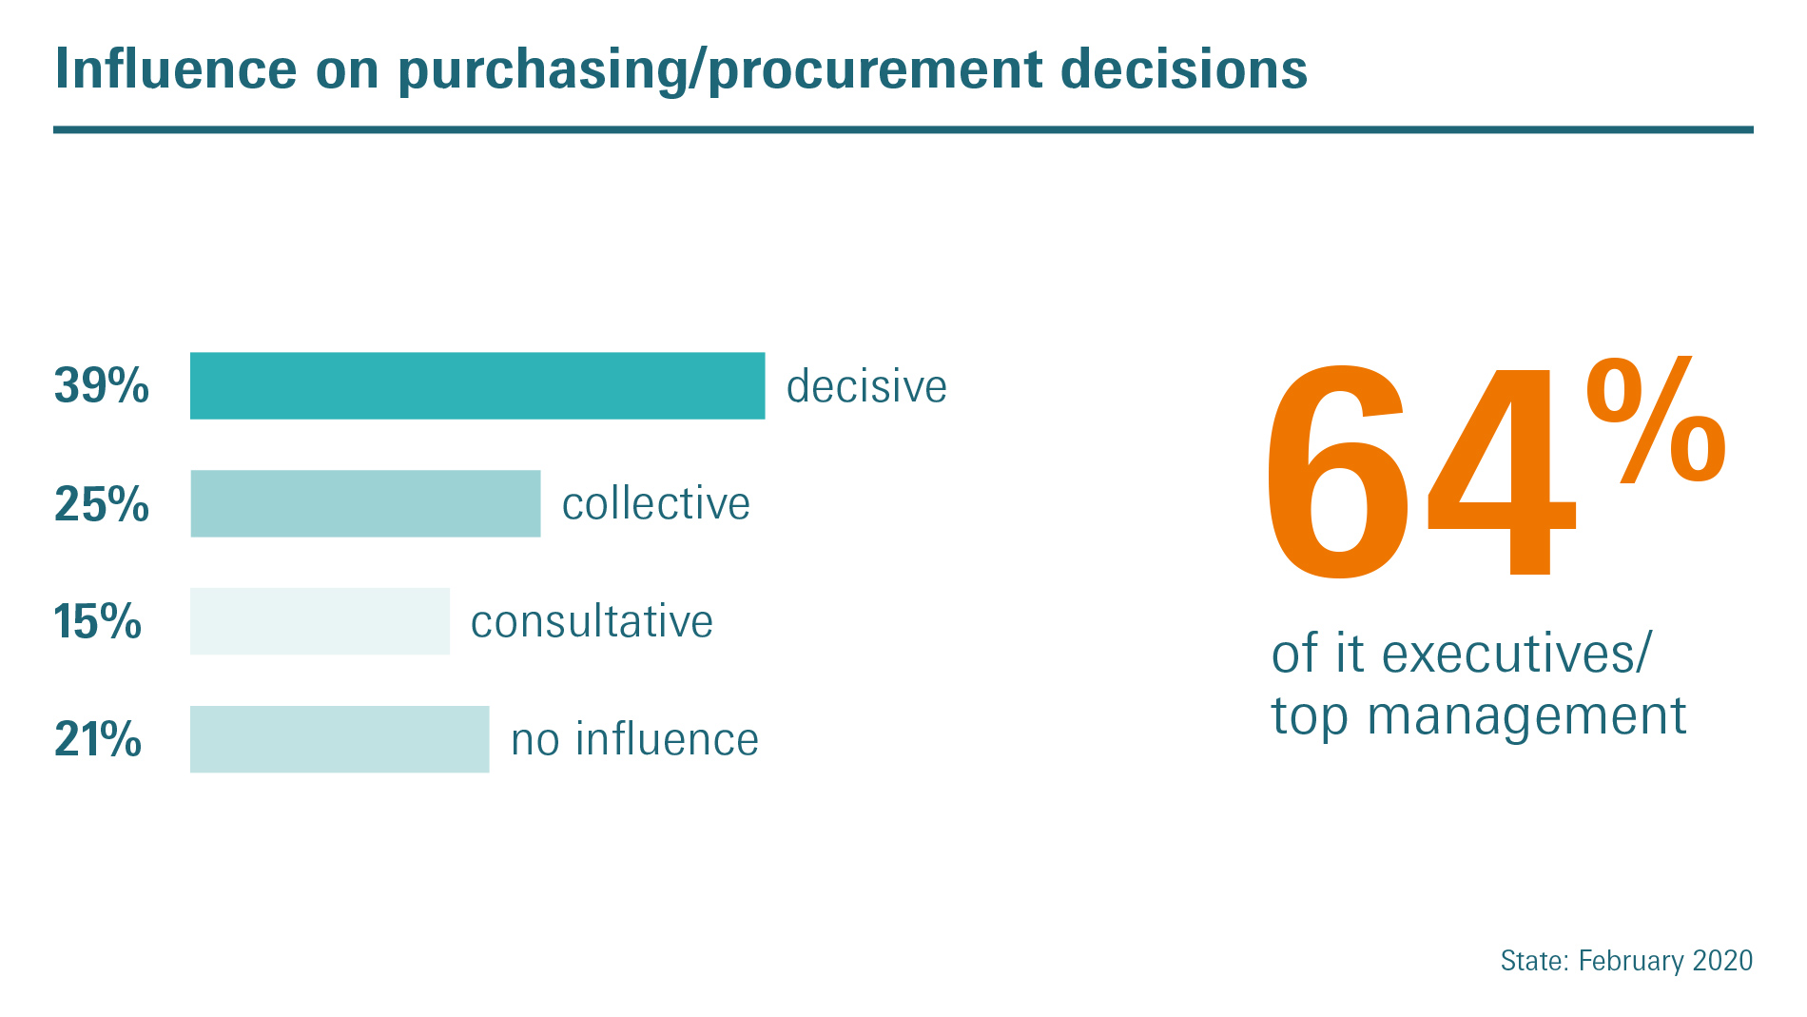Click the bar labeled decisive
click(477, 385)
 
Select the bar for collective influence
click(365, 503)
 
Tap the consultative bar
click(320, 621)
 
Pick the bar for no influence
click(340, 739)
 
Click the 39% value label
click(102, 385)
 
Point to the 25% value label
click(102, 503)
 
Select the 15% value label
click(98, 621)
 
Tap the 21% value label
click(98, 739)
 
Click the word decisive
click(866, 386)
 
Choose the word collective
click(656, 503)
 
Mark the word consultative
click(592, 622)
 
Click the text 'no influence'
click(635, 739)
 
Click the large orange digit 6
click(1337, 471)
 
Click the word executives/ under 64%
click(1517, 655)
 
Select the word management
click(1526, 717)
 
